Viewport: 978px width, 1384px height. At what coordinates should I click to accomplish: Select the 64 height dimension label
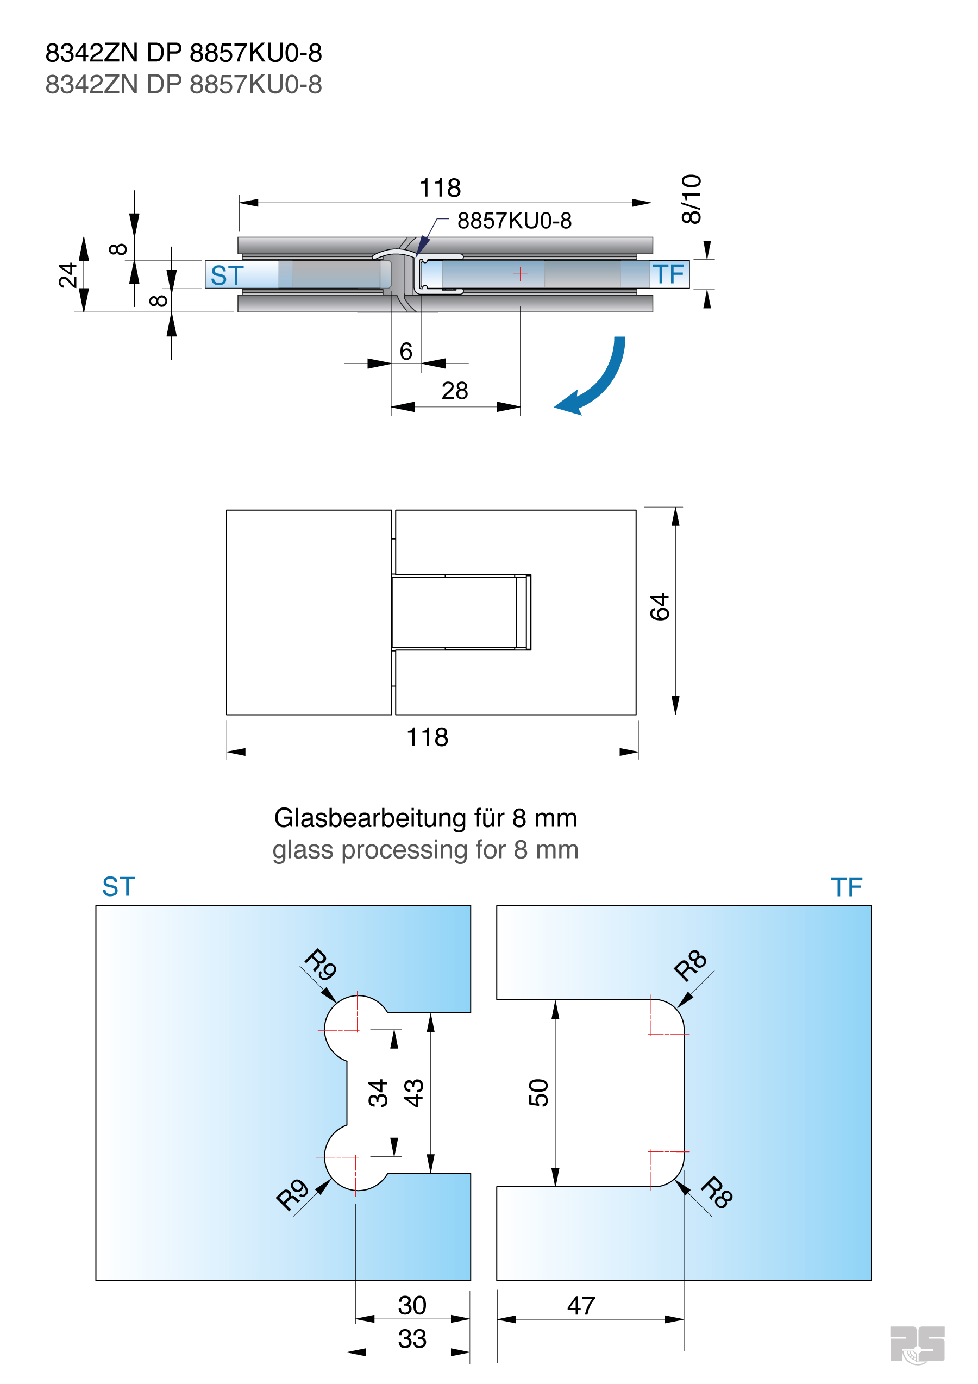[660, 607]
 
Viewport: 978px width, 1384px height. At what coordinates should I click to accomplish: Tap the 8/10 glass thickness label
[691, 199]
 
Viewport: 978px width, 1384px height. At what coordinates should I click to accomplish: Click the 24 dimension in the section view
[67, 275]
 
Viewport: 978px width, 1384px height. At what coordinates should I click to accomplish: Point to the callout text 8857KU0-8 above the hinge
[514, 221]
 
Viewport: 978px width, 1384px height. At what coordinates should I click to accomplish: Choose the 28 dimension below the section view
[454, 391]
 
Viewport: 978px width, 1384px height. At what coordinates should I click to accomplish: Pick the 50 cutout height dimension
[538, 1092]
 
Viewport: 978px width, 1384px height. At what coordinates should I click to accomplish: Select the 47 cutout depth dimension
[581, 1306]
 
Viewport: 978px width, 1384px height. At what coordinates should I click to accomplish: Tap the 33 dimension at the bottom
[412, 1339]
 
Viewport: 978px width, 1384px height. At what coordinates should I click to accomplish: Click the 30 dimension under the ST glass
[412, 1305]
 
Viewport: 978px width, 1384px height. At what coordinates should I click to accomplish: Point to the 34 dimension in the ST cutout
[378, 1093]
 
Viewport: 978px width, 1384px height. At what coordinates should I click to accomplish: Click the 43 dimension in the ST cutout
[413, 1093]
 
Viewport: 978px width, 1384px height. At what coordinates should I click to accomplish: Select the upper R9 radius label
[320, 965]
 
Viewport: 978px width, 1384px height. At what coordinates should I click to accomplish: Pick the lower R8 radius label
[717, 1192]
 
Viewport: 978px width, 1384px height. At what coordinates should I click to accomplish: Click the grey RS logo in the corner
[917, 1344]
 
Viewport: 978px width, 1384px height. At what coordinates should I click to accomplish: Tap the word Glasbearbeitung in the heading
[370, 818]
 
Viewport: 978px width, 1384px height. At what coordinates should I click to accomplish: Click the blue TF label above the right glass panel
[846, 887]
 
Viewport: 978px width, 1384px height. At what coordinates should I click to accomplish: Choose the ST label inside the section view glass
[227, 275]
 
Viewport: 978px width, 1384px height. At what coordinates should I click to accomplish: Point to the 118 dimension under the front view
[427, 737]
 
